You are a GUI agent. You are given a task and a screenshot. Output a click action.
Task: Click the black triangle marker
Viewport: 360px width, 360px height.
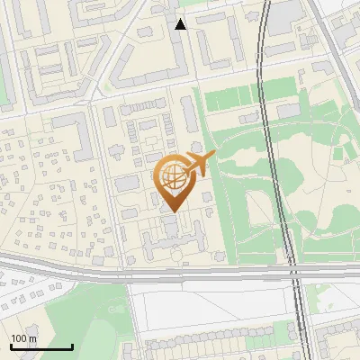[x=181, y=24]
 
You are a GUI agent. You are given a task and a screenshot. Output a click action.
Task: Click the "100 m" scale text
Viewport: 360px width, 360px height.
[x=23, y=338]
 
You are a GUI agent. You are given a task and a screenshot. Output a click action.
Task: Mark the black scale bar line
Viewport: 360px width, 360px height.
[x=41, y=347]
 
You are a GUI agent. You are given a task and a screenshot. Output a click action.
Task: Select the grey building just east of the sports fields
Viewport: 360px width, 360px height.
[x=288, y=110]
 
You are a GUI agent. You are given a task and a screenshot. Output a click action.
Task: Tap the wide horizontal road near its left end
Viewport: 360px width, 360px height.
[x=36, y=264]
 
